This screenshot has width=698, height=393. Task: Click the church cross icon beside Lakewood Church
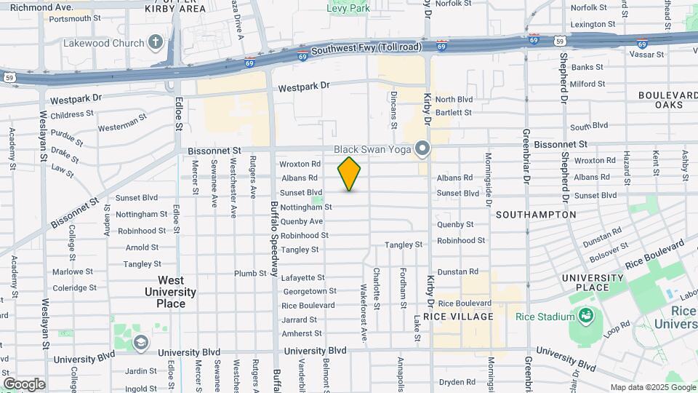click(x=155, y=43)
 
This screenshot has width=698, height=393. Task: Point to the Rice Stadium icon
click(x=585, y=316)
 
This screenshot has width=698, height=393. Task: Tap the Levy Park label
click(x=348, y=9)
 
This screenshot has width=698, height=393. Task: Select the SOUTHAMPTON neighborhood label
click(x=536, y=215)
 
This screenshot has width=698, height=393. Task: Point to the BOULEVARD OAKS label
click(x=667, y=100)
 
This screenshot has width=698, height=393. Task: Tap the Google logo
click(x=24, y=384)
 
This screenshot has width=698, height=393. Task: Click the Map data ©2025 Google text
click(x=652, y=387)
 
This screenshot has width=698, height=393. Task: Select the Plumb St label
click(x=250, y=274)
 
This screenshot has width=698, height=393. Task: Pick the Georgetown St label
click(x=310, y=291)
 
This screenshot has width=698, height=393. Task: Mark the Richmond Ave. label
click(x=36, y=7)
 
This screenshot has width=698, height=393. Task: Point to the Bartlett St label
click(x=454, y=113)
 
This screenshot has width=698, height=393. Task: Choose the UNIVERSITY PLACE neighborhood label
click(x=593, y=282)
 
